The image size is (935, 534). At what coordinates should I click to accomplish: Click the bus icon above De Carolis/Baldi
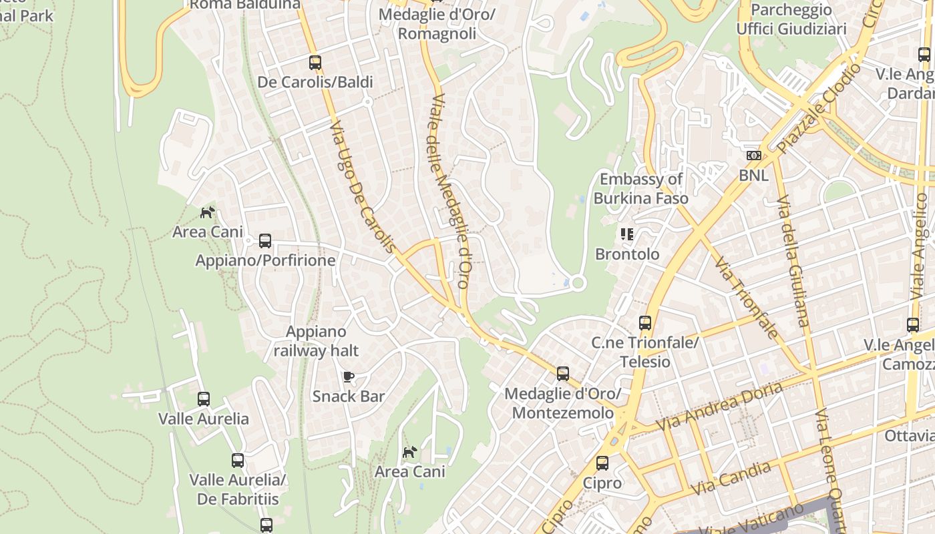pos(315,63)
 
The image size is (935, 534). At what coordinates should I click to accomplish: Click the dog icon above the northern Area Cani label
pos(208,213)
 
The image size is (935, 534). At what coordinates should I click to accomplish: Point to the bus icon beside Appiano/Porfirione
pos(265,241)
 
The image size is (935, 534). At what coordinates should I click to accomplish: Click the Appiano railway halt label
pos(316,341)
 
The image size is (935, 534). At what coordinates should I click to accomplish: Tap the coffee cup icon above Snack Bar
pos(348,377)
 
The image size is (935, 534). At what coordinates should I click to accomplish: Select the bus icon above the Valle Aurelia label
pos(204,399)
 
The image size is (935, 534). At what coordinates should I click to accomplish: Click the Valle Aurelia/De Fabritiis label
pos(238,489)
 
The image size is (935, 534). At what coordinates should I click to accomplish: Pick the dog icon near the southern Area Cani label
pos(409,453)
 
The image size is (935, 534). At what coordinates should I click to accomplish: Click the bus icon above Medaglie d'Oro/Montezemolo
pos(563,374)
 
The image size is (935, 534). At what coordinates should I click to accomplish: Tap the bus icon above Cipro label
pos(602,463)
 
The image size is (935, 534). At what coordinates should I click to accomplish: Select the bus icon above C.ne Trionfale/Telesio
pos(645,323)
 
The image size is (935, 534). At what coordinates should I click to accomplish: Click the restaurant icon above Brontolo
pos(626,234)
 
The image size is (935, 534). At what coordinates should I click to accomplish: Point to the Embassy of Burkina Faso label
pos(640,188)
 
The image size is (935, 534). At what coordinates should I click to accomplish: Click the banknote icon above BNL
pos(753,156)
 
